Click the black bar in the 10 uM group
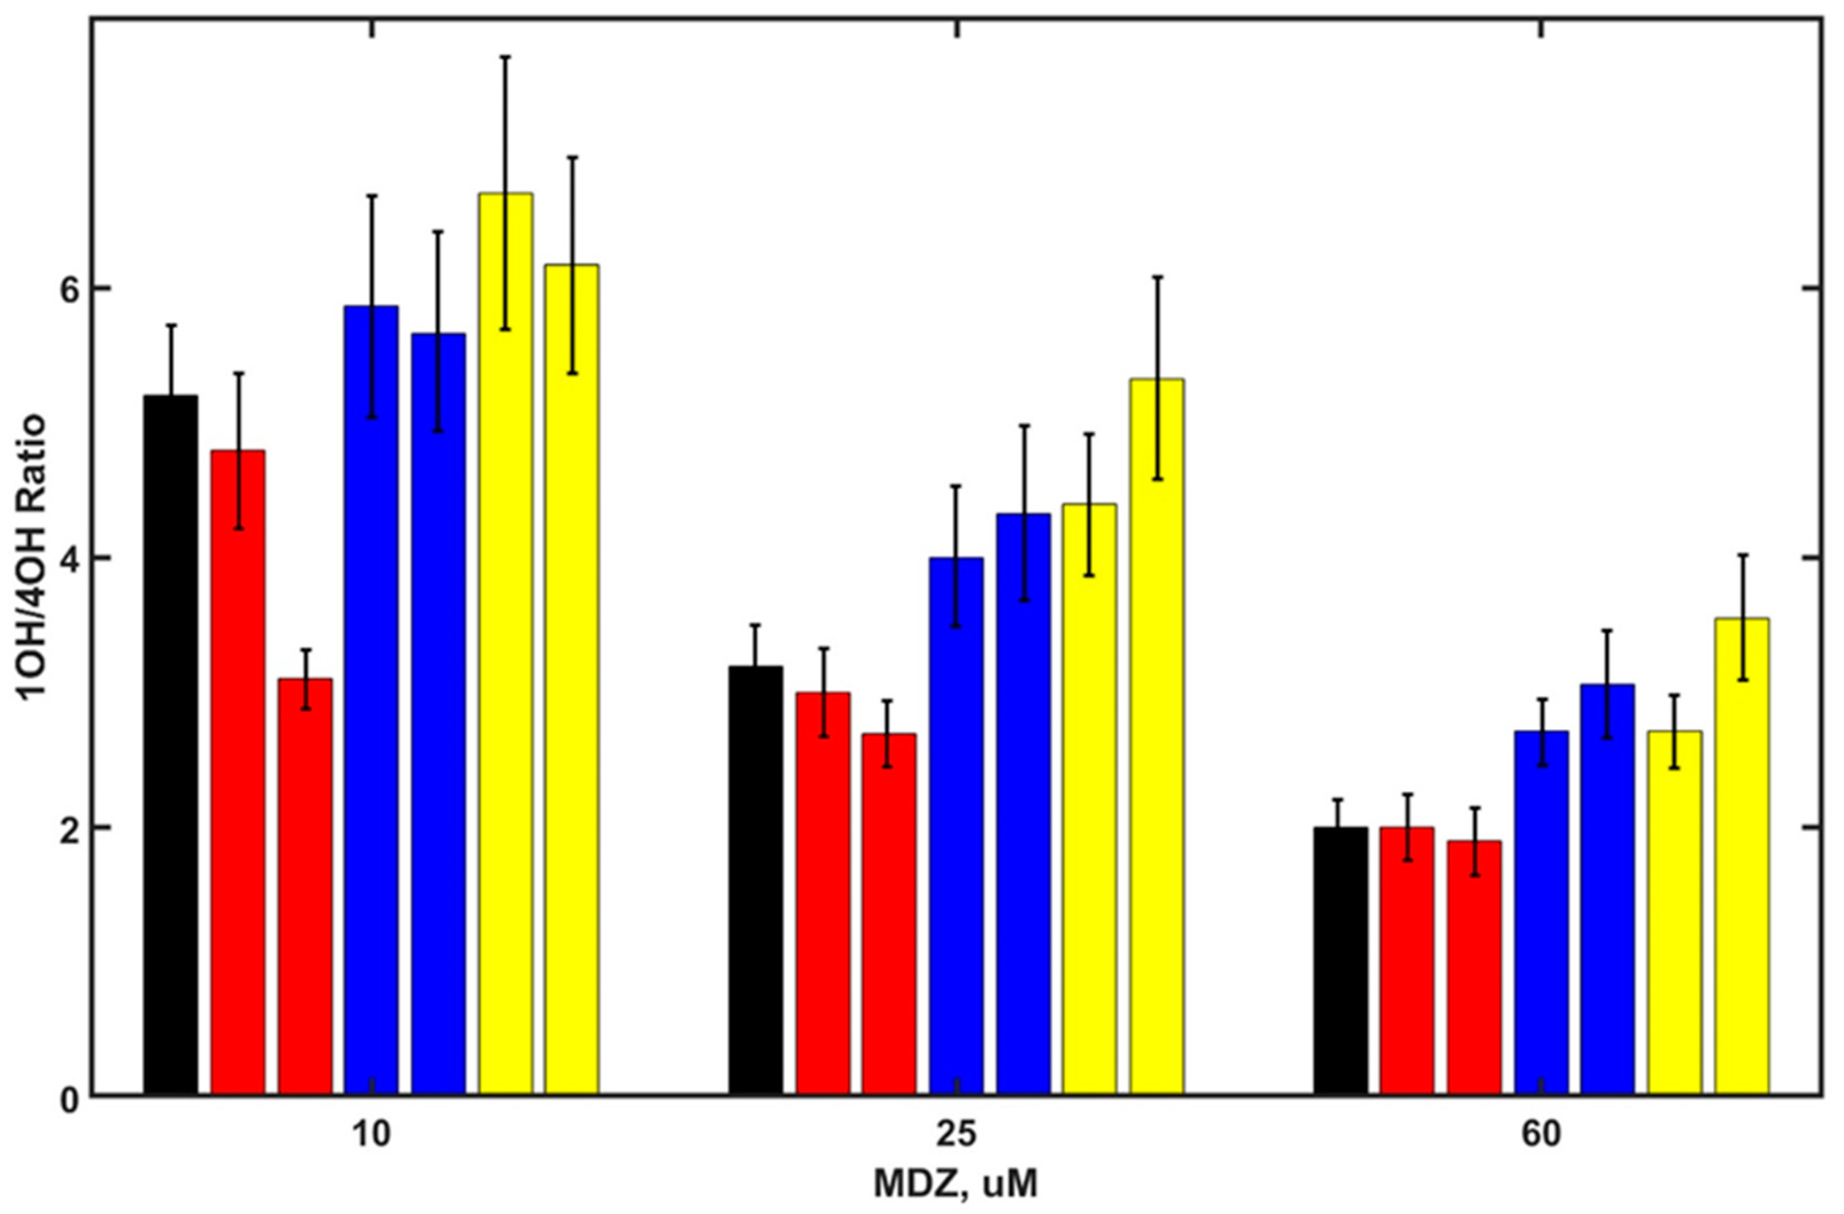click(171, 744)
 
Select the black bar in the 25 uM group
click(755, 879)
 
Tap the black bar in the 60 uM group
click(1340, 961)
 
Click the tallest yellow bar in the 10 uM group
click(505, 643)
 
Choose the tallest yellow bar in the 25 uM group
click(1157, 736)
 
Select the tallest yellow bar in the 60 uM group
click(1742, 856)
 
